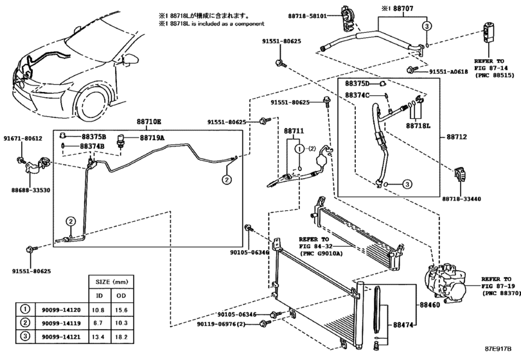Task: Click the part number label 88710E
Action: point(148,122)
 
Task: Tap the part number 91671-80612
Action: point(22,138)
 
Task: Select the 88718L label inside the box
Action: point(419,126)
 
